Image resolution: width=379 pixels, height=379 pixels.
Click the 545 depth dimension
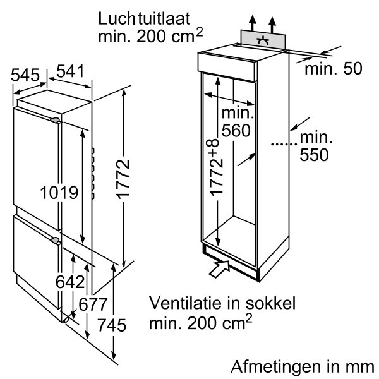tap(25, 75)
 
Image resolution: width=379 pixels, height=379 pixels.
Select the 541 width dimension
tap(70, 71)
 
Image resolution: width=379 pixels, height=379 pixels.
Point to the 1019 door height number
tap(59, 193)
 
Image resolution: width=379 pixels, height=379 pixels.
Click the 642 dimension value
tap(70, 282)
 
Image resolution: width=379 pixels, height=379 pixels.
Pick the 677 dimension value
tap(93, 304)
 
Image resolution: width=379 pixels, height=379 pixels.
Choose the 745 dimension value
tap(112, 325)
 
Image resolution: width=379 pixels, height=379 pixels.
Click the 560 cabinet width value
tap(236, 131)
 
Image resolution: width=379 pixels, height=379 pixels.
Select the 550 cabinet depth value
tap(314, 155)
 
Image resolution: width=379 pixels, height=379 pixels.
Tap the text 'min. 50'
tap(334, 68)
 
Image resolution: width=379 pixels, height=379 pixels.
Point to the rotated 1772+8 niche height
tap(214, 167)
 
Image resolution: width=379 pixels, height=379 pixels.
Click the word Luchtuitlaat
tap(144, 19)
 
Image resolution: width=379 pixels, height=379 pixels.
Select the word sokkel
tap(270, 303)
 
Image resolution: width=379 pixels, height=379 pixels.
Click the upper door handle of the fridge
tap(56, 120)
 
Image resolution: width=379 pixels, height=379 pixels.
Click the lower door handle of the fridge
tap(56, 240)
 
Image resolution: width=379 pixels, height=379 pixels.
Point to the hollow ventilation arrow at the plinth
tap(219, 268)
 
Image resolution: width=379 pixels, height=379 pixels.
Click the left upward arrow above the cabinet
tap(253, 23)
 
